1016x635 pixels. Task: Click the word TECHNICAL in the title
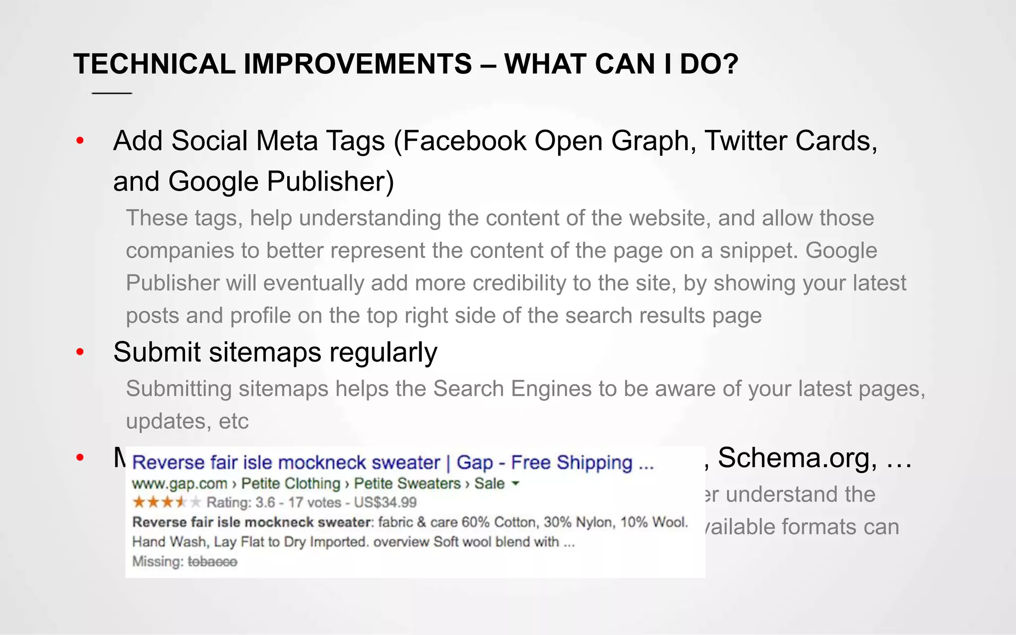pos(154,64)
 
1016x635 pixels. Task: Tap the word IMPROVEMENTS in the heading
pos(358,64)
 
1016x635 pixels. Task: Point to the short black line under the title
pos(112,93)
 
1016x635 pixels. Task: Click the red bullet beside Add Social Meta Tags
pos(80,141)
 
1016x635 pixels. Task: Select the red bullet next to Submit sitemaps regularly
pos(80,353)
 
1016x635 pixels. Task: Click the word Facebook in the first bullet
pos(464,141)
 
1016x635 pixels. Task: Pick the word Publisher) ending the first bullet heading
pos(330,182)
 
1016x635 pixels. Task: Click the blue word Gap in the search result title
pos(474,463)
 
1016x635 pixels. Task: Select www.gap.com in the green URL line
pos(179,484)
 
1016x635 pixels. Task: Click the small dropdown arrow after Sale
pos(515,483)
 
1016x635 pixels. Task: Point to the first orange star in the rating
pos(139,503)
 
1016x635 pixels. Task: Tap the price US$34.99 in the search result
pos(385,503)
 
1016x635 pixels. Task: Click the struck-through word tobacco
pos(212,562)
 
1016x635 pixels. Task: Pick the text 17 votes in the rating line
pos(315,503)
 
